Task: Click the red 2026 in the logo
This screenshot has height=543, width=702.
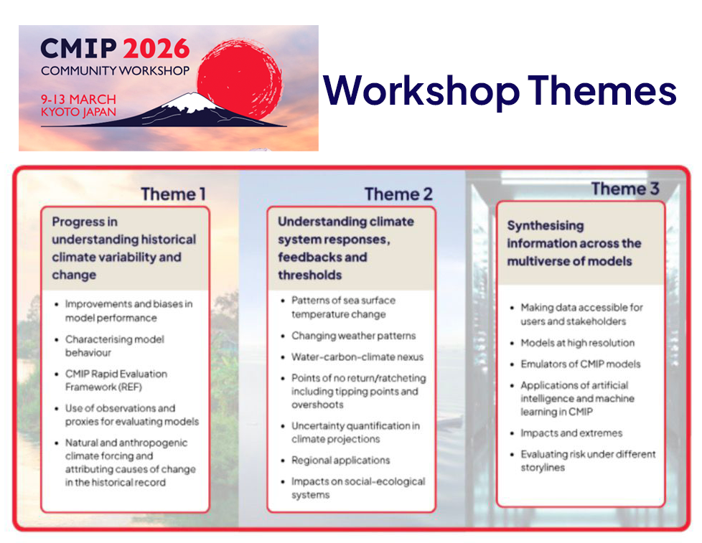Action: click(x=156, y=49)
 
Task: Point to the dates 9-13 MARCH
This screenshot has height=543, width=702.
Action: click(x=78, y=100)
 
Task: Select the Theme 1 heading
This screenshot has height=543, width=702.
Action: click(x=173, y=194)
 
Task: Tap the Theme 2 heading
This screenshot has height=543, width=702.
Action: click(x=398, y=194)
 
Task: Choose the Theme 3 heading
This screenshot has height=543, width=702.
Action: click(x=624, y=189)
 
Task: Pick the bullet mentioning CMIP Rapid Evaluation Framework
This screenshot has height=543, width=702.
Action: click(x=116, y=380)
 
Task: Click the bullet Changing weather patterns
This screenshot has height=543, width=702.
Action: click(x=353, y=336)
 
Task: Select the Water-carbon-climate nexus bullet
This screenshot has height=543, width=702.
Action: click(x=357, y=357)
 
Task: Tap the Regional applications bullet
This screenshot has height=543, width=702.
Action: click(x=340, y=460)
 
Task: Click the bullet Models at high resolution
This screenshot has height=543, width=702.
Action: click(x=577, y=343)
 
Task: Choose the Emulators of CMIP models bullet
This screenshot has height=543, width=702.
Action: click(x=581, y=364)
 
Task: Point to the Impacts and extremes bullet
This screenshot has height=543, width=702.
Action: click(x=571, y=433)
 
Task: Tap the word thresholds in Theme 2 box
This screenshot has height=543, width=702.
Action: click(x=310, y=275)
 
